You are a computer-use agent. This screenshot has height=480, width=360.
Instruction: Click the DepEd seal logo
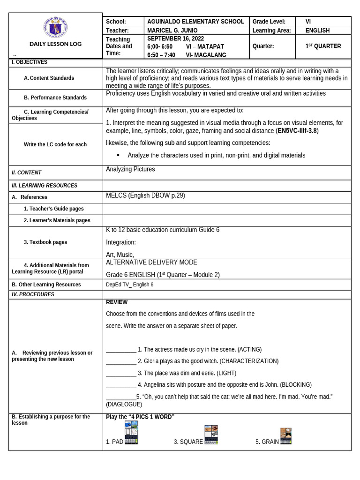[x=55, y=28]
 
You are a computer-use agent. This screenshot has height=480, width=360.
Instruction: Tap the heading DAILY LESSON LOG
[x=55, y=44]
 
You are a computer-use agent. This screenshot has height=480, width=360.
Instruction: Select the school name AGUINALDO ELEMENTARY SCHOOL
[x=195, y=22]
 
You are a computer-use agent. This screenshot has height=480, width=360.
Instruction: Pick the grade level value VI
[x=308, y=22]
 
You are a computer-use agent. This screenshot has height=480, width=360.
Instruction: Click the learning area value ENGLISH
[x=317, y=30]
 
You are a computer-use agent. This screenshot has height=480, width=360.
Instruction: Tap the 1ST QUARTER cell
[x=323, y=46]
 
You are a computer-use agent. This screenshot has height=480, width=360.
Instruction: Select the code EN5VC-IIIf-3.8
[x=297, y=131]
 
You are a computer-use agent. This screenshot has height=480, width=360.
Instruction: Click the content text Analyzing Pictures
[x=130, y=169]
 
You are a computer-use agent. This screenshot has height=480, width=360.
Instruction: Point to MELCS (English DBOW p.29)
[x=145, y=195]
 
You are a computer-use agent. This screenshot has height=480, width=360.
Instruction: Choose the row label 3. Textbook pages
[x=45, y=242]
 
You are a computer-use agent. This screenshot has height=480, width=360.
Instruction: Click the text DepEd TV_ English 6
[x=129, y=285]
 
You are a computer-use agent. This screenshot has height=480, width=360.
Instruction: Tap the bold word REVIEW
[x=117, y=302]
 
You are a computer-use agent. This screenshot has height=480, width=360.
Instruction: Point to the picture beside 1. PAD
[x=131, y=432]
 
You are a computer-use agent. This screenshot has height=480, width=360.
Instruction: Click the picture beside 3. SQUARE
[x=211, y=435]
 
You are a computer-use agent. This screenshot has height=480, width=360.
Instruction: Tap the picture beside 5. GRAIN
[x=286, y=436]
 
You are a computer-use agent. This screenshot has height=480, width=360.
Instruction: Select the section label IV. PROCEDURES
[x=33, y=294]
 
